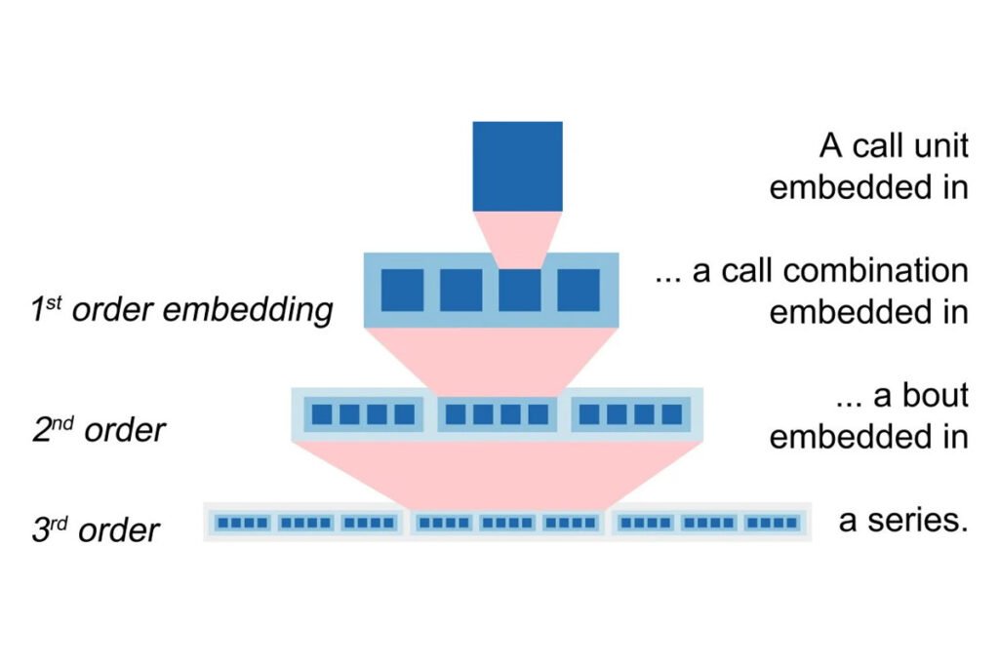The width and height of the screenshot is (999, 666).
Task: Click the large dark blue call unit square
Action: point(517,166)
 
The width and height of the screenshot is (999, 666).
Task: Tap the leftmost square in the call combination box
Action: point(402,290)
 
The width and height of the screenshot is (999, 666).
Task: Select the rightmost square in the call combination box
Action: point(578,290)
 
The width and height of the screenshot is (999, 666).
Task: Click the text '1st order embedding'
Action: point(181,310)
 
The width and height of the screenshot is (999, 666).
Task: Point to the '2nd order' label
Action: point(98,429)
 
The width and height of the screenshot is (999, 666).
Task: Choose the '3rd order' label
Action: point(96,529)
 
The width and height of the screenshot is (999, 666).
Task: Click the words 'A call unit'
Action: point(894,146)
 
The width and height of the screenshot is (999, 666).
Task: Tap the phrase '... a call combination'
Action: point(812,271)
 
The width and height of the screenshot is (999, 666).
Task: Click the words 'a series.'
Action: point(903,521)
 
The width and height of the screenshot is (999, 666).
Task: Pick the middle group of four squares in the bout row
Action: point(497,414)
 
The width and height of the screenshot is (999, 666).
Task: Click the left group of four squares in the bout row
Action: point(363,414)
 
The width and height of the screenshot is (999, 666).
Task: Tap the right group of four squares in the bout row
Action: point(630,414)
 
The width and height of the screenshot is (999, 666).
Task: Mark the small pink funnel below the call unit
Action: point(517,238)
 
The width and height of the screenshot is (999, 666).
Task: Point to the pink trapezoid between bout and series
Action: point(498,472)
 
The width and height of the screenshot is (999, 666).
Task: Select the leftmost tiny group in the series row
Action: point(242,523)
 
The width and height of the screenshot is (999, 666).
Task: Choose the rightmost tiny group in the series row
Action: point(770,523)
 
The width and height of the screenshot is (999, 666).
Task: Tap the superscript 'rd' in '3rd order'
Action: point(60,519)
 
